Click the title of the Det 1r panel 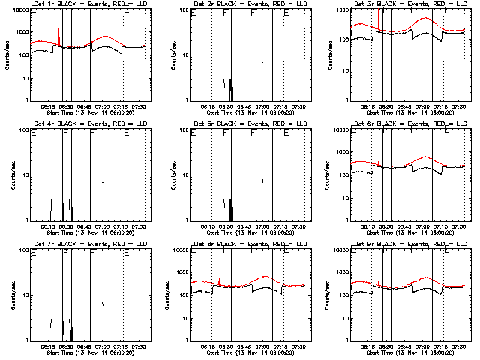point(84,6)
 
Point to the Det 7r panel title point(84,245)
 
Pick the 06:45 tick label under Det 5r point(245,226)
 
